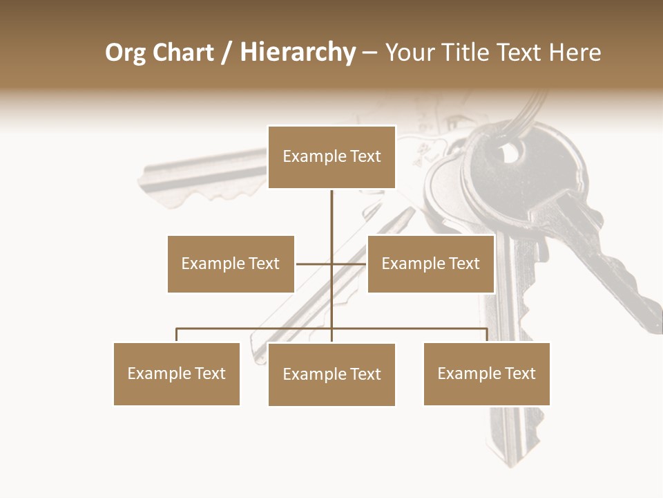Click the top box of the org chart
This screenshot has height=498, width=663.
pyautogui.click(x=331, y=157)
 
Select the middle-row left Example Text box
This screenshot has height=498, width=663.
pyautogui.click(x=231, y=264)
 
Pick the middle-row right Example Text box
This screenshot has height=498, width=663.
pyautogui.click(x=430, y=264)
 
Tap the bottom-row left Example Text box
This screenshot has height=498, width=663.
pyautogui.click(x=176, y=373)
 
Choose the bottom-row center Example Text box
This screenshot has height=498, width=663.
pyautogui.click(x=331, y=374)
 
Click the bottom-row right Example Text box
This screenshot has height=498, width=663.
pyautogui.click(x=486, y=373)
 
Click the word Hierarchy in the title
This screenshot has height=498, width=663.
pyautogui.click(x=298, y=53)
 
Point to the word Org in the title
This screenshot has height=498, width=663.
pyautogui.click(x=125, y=53)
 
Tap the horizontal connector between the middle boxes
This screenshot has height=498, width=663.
pyautogui.click(x=331, y=264)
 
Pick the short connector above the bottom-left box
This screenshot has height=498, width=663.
pyautogui.click(x=177, y=335)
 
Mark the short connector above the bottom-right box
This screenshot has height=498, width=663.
pyautogui.click(x=487, y=335)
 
